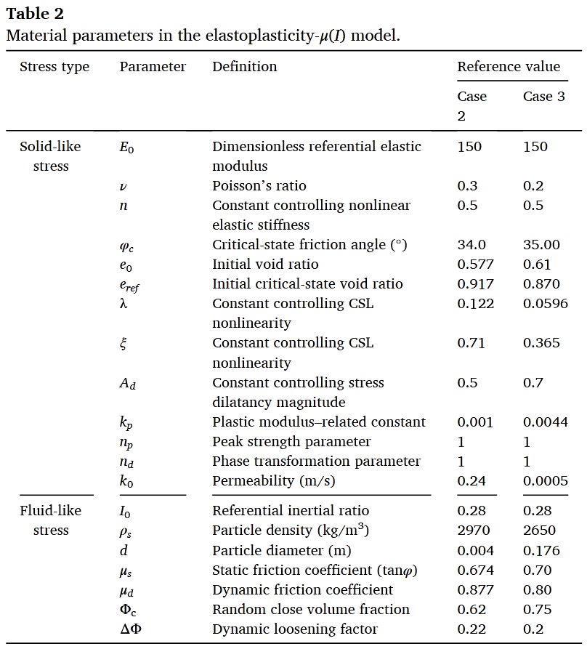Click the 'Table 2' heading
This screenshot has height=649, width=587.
click(x=35, y=13)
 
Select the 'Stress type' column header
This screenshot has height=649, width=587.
click(x=54, y=67)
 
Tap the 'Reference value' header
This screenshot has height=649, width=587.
click(x=509, y=67)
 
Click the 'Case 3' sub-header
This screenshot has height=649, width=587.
click(x=543, y=97)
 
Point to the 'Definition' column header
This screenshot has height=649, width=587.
click(x=244, y=67)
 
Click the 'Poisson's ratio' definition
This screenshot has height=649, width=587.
click(x=259, y=186)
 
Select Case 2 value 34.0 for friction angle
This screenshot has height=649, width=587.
click(x=471, y=245)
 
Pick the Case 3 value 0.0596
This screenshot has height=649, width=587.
click(x=545, y=304)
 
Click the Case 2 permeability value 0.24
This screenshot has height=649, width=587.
click(x=471, y=481)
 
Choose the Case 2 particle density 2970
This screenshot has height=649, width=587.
click(x=474, y=531)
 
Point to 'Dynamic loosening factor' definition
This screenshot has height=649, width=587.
click(x=295, y=629)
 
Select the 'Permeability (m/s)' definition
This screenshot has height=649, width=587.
click(x=274, y=481)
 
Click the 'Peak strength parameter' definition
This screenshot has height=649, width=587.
click(x=291, y=442)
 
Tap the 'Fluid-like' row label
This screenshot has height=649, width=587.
click(x=50, y=511)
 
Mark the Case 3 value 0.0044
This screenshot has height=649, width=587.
click(x=545, y=422)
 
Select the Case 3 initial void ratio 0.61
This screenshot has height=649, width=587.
click(x=537, y=265)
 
